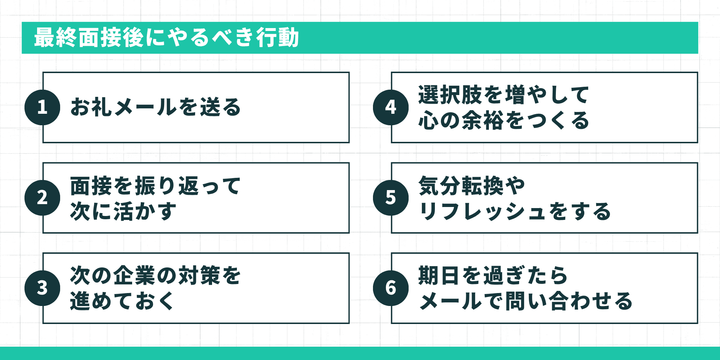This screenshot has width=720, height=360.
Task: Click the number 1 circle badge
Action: tap(42, 107)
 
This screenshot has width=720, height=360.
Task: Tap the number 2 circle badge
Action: tap(42, 198)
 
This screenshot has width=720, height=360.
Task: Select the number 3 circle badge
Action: tap(42, 288)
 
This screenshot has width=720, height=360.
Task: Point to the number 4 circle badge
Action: tap(391, 107)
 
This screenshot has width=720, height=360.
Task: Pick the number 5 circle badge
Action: tap(391, 198)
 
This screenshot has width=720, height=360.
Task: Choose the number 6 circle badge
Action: tap(391, 288)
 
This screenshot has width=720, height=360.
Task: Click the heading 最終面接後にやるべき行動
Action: tap(166, 37)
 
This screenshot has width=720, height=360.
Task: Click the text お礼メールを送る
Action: tap(156, 107)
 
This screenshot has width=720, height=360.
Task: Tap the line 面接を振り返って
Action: tap(156, 186)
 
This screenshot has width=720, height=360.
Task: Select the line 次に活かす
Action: tap(123, 211)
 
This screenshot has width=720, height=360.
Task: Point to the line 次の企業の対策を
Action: tap(156, 276)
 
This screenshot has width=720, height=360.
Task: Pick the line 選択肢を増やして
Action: tap(504, 95)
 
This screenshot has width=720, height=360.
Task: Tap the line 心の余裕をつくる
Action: tap(504, 120)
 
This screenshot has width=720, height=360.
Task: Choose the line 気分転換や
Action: tap(472, 186)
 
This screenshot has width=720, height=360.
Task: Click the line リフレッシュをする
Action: tap(515, 211)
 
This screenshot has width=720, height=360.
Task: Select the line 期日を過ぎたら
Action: tap(493, 276)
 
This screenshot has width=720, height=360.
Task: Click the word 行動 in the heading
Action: tap(278, 37)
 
